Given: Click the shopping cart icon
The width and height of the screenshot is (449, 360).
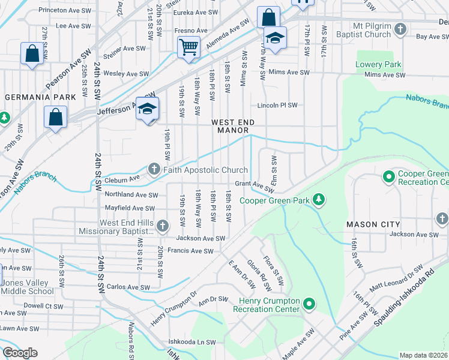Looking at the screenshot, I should pyautogui.click(x=188, y=47).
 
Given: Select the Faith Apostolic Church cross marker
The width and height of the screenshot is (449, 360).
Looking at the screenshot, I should pyautogui.click(x=154, y=170).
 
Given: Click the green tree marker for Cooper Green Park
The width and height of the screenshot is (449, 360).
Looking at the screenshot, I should pyautogui.click(x=319, y=200).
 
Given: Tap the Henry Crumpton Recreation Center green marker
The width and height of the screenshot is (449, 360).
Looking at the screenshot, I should pyautogui.click(x=309, y=304).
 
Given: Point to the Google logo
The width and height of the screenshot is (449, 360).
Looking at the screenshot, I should pyautogui.click(x=20, y=353).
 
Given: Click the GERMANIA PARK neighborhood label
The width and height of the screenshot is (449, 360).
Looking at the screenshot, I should pyautogui.click(x=40, y=97).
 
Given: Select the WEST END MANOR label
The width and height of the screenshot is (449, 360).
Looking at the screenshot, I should pyautogui.click(x=233, y=126).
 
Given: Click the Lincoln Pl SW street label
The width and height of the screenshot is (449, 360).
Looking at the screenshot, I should pyautogui.click(x=277, y=105).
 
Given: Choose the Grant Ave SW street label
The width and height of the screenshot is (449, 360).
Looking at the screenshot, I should pyautogui.click(x=254, y=184).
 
